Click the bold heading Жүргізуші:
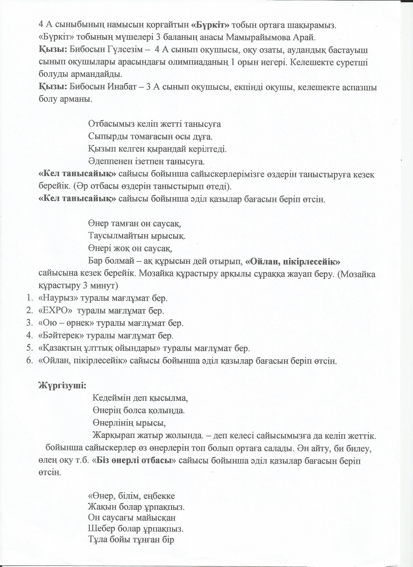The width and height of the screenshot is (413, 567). pos(62,385)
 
